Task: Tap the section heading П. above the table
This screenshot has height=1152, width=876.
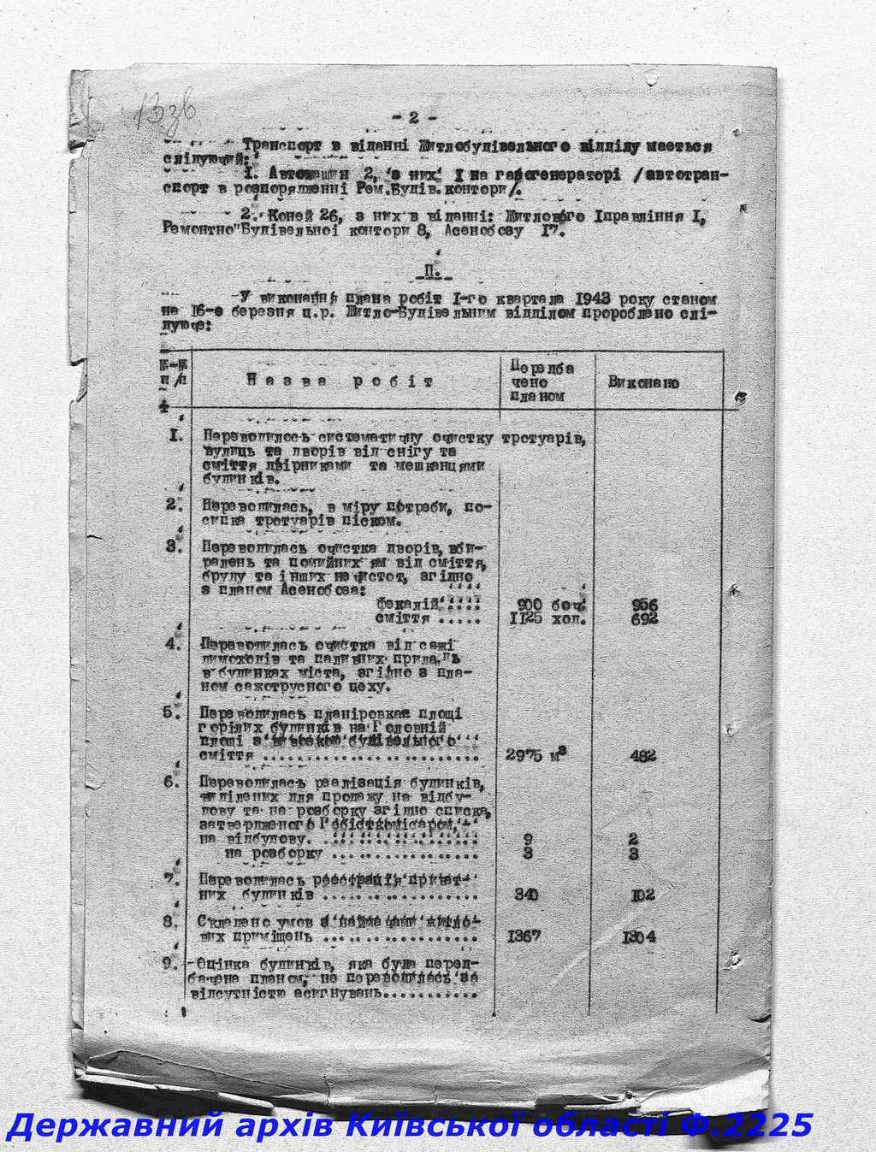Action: pos(429,273)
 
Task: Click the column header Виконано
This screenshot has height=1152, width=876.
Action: pos(643,382)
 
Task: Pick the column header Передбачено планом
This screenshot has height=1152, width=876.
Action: pos(541,381)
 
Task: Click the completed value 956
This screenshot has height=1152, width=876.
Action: pos(642,605)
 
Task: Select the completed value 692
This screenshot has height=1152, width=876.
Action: pos(642,618)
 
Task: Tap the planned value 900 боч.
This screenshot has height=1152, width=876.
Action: pos(551,605)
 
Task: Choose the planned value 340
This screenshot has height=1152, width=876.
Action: pos(527,895)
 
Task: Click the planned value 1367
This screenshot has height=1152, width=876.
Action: pos(524,936)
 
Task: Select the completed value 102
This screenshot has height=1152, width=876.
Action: pos(642,895)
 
